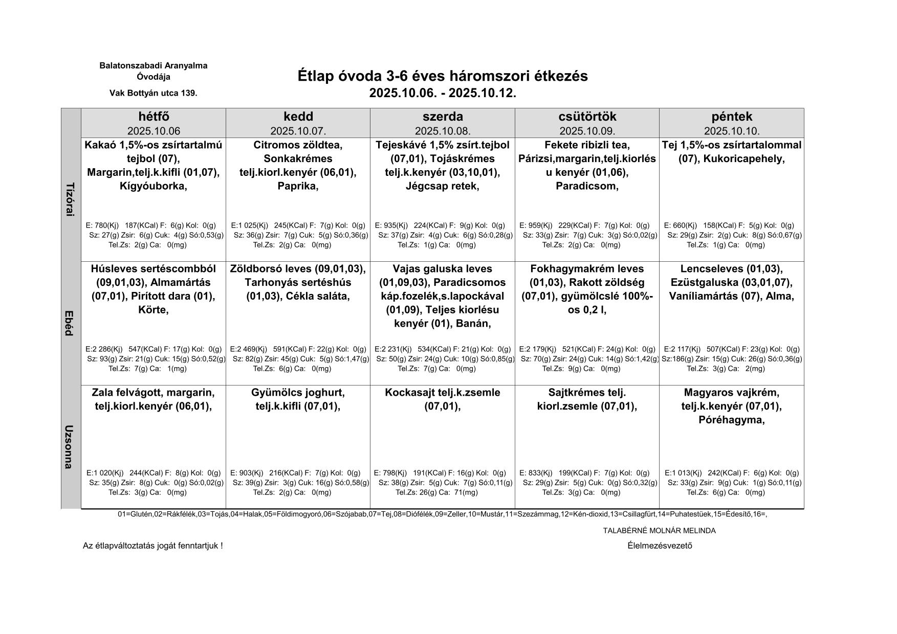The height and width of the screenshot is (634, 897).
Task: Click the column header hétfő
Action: (x=154, y=117)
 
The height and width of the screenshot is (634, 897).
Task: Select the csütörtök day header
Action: (x=587, y=117)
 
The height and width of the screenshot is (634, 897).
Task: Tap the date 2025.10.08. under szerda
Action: (x=443, y=131)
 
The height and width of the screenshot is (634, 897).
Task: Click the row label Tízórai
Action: (x=71, y=199)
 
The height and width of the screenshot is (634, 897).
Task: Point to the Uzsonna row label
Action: (x=71, y=446)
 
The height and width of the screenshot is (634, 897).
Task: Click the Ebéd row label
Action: (x=71, y=323)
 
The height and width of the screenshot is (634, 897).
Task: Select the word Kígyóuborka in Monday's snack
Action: (x=152, y=186)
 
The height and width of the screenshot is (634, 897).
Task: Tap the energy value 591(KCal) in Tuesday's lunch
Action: (x=289, y=350)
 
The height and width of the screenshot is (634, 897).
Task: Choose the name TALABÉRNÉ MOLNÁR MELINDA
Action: (x=659, y=531)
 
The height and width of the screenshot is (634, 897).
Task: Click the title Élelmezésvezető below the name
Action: (x=660, y=546)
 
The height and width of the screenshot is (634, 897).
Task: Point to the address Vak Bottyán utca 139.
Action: (x=153, y=94)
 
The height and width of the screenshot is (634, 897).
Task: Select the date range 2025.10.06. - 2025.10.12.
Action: (x=443, y=94)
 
